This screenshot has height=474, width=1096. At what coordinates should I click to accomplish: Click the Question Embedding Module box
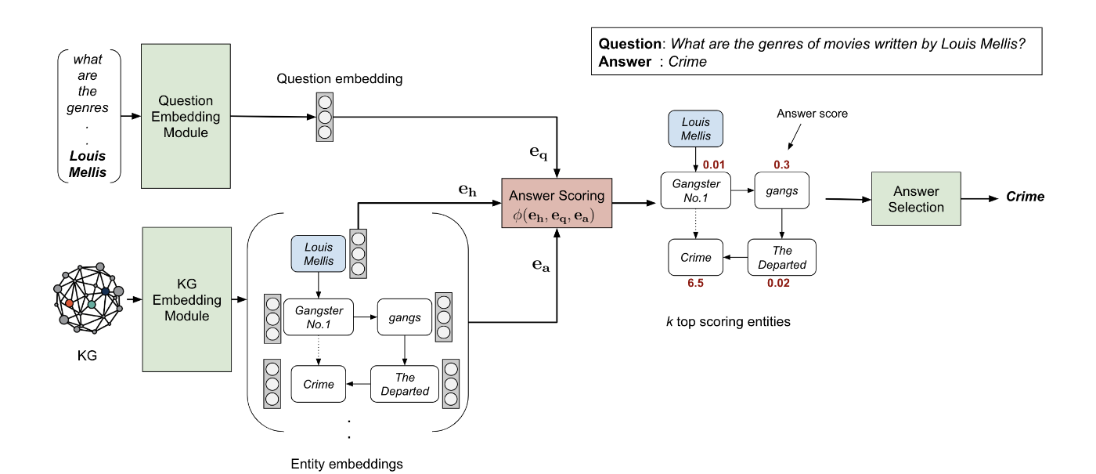(x=186, y=116)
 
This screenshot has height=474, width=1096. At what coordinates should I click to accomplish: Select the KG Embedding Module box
(x=187, y=299)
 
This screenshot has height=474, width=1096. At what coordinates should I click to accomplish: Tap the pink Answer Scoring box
(x=557, y=203)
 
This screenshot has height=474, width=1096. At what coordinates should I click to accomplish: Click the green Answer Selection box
(x=916, y=199)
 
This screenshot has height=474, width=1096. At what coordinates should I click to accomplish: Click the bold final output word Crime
(x=1025, y=197)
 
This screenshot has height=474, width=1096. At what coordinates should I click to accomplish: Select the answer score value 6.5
(x=695, y=284)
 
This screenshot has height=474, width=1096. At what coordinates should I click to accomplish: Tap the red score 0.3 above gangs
(x=781, y=165)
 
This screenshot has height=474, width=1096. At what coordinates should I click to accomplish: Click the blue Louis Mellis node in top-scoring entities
(x=695, y=129)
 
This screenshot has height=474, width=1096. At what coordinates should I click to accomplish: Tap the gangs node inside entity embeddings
(x=404, y=317)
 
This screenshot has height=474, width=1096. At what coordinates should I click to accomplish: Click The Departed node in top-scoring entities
(x=782, y=257)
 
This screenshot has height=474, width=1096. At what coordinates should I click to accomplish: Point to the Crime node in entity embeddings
(x=319, y=384)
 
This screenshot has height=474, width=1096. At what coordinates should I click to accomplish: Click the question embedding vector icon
(x=324, y=117)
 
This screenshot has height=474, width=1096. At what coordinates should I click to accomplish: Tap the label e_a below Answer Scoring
(x=540, y=266)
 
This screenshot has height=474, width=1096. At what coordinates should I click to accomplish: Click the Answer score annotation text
(x=812, y=114)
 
